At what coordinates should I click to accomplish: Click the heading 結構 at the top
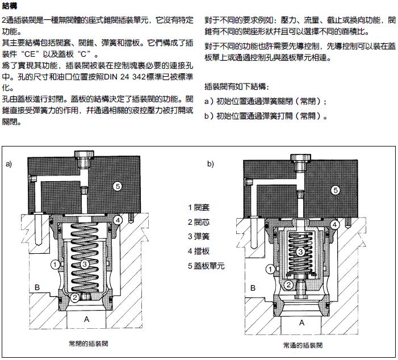coord(11,6)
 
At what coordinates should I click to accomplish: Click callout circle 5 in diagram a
coord(117,186)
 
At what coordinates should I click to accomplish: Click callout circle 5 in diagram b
coord(336,190)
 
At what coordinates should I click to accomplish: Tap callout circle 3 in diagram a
coord(85,263)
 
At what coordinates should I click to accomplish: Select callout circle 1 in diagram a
coord(55,263)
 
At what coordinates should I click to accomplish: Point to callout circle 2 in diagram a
coord(75,297)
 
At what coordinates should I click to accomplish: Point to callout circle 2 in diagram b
coord(288,285)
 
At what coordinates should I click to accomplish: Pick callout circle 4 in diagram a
coord(117,219)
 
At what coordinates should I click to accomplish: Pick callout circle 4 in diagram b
coord(336,225)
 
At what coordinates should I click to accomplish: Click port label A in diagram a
coord(87,319)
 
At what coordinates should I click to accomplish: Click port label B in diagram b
coord(253,287)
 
